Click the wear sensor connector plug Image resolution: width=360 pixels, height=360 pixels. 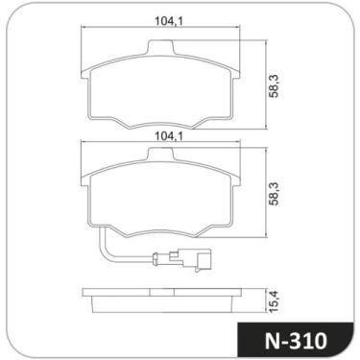point(183,259)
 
